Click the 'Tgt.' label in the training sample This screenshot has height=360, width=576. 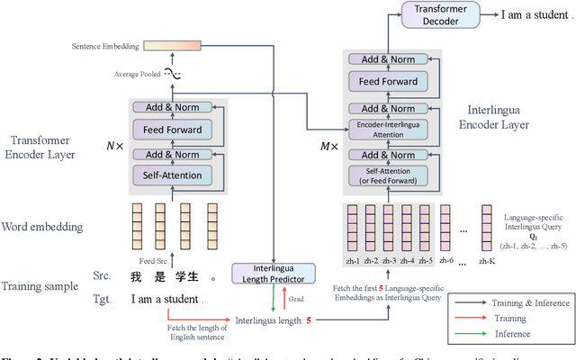point(103,273)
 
